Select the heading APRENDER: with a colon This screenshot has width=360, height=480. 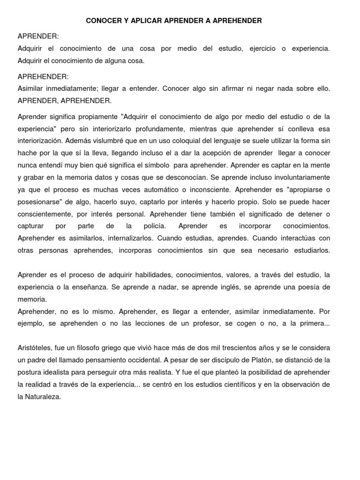coord(38,37)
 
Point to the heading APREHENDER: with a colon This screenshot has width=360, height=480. coord(43,76)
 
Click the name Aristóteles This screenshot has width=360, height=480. coord(36,348)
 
